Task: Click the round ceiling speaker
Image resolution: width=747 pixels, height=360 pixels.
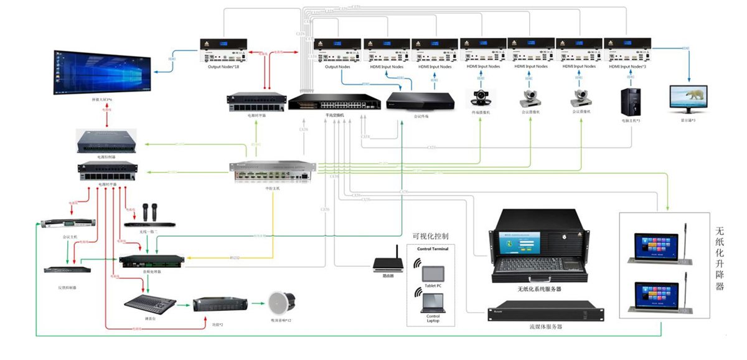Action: click(280, 304)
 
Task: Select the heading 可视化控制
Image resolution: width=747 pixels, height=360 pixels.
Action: click(430, 237)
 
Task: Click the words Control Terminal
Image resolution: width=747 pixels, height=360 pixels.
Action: click(432, 249)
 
